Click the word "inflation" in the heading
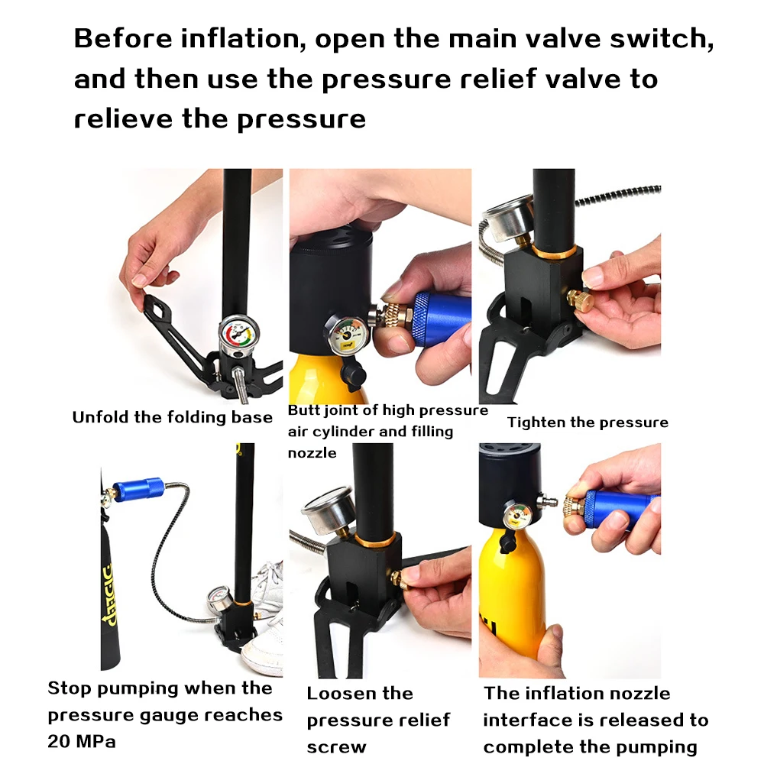(242, 39)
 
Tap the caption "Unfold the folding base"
(172, 417)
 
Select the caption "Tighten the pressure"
(588, 422)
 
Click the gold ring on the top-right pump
(554, 251)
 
